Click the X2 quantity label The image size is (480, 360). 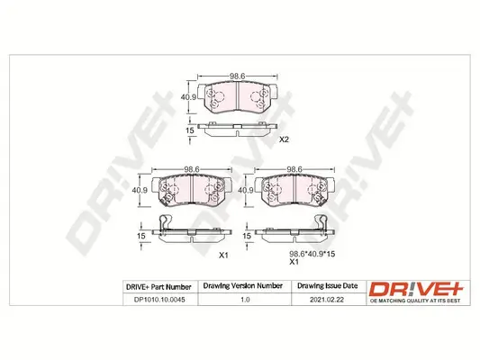(284, 139)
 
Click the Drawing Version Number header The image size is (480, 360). (234, 287)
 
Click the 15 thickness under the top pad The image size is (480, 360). (190, 132)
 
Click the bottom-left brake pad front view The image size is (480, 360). (189, 190)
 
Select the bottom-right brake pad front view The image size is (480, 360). (293, 190)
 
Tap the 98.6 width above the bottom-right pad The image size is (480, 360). (294, 168)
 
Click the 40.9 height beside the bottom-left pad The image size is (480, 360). (139, 190)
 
